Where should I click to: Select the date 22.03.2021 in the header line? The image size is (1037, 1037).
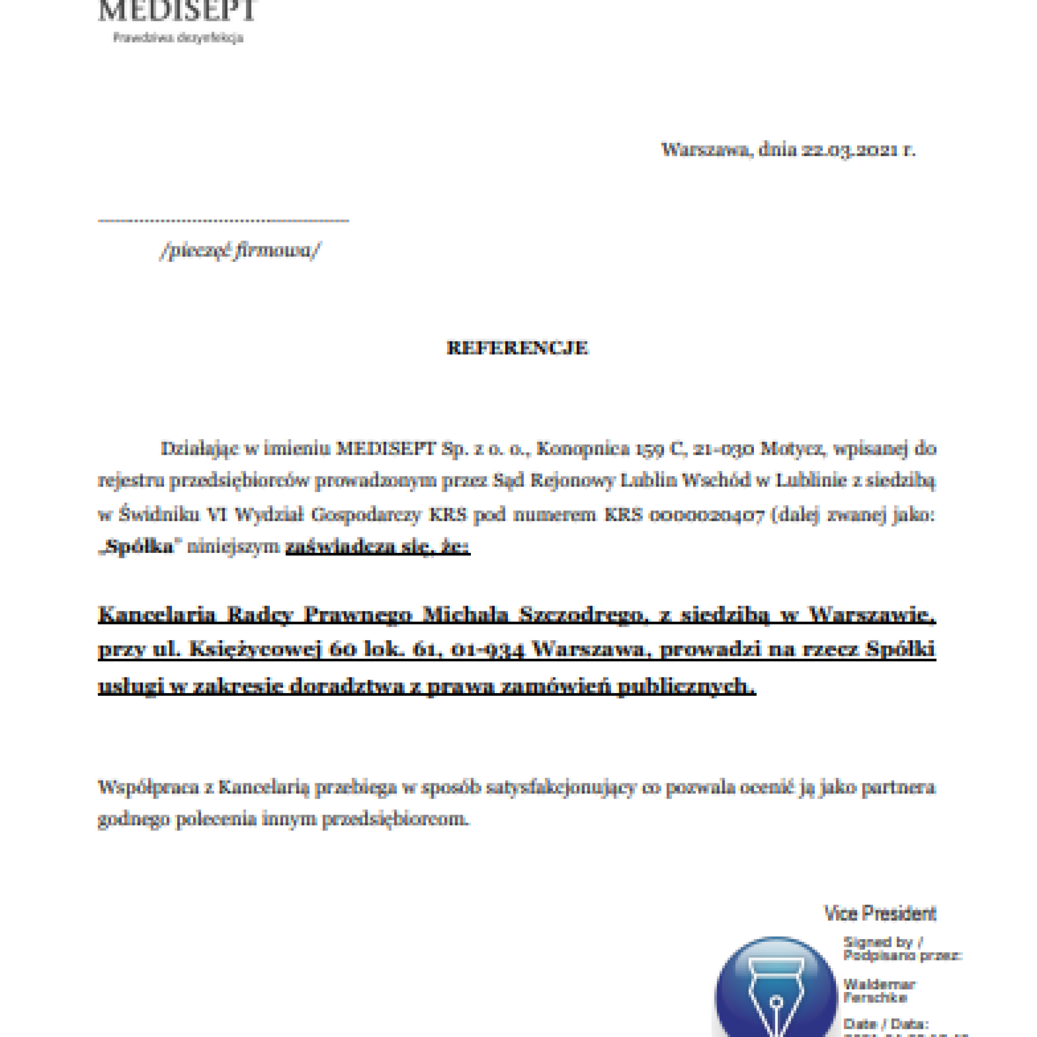[850, 149]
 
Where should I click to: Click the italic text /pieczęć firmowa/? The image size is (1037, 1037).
[240, 250]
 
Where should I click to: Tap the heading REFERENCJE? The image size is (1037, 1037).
[517, 348]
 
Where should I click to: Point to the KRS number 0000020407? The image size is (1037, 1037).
[706, 515]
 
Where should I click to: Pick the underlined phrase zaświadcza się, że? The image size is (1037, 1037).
[378, 547]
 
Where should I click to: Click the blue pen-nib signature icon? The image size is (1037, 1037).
[776, 993]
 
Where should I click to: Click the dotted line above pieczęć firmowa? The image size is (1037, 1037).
[223, 220]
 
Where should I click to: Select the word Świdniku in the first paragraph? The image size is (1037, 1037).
[159, 515]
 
